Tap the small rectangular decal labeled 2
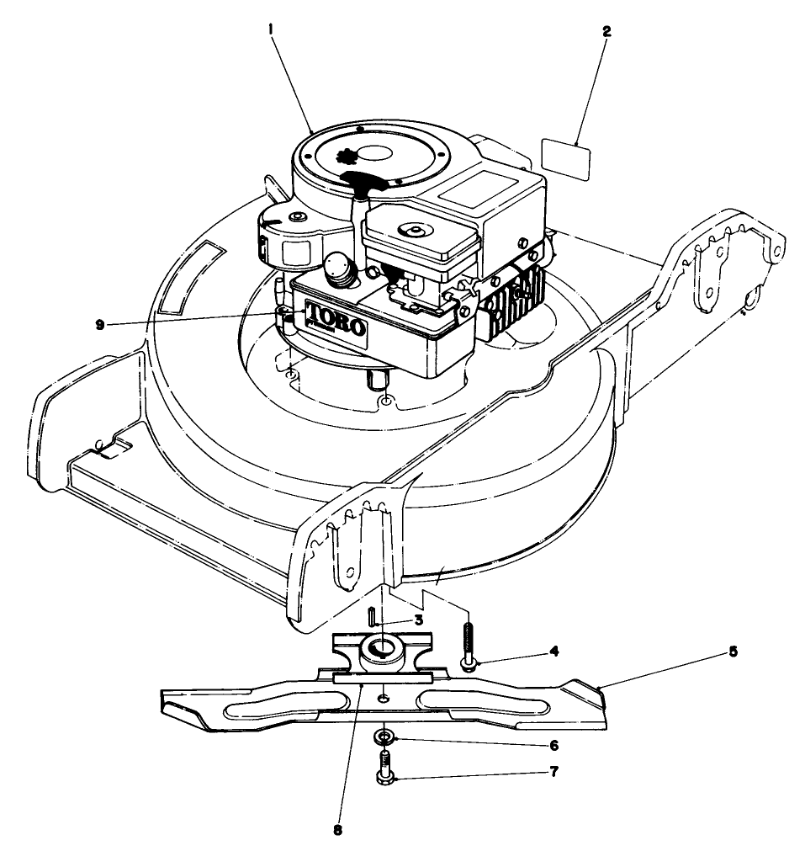coord(564,157)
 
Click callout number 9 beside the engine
coord(100,324)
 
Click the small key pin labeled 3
coord(371,615)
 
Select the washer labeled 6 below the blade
coord(385,738)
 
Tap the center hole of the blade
coord(384,698)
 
